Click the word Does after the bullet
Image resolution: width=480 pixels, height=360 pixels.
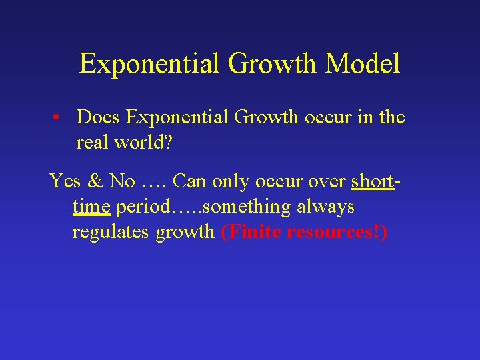[99, 117]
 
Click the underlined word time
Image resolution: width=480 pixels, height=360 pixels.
[91, 207]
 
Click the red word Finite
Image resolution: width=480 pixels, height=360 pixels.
[254, 233]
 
